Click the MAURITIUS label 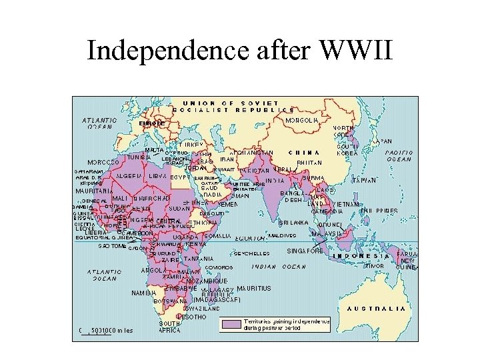click(254, 289)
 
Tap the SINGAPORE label click(305, 251)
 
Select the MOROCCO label click(103, 162)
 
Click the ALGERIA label click(129, 176)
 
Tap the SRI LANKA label click(293, 222)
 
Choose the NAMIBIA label click(143, 293)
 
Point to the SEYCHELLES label click(252, 253)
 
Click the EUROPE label click(151, 124)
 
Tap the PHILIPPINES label click(378, 211)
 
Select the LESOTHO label click(191, 317)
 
